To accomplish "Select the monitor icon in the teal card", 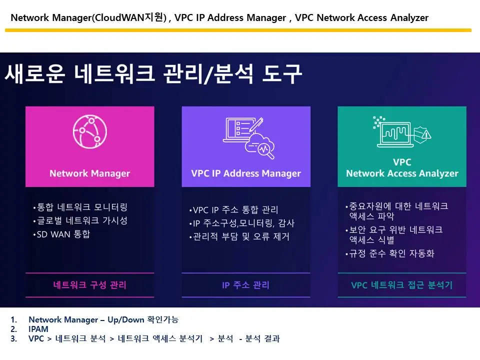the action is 401,132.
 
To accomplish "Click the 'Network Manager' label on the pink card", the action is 89,173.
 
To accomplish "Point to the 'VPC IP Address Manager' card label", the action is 246,173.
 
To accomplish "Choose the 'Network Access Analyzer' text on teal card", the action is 402,173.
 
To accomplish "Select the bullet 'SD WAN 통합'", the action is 63,234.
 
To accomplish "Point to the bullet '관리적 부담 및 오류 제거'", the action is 240,236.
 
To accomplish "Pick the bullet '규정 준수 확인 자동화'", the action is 391,253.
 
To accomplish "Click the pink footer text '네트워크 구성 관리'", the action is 90,285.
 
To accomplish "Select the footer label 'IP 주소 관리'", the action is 245,285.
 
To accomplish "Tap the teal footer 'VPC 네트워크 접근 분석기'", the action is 402,285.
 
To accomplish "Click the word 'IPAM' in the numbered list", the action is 38,329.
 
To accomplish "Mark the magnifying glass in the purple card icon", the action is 266,150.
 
